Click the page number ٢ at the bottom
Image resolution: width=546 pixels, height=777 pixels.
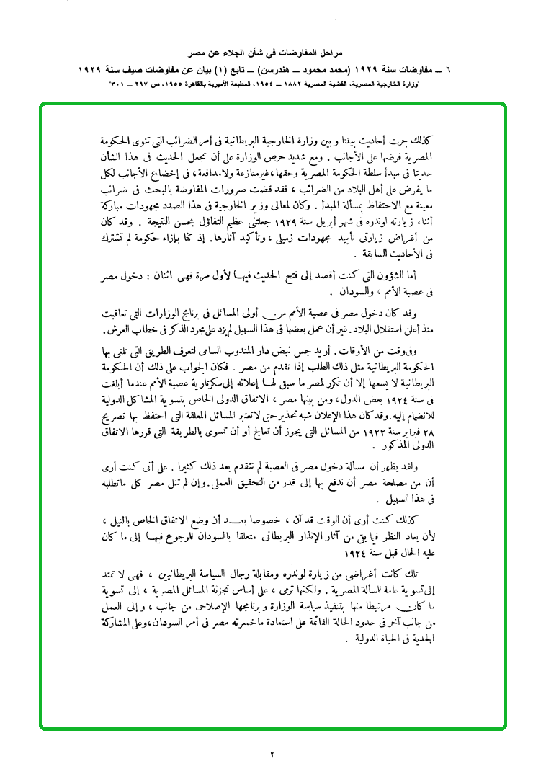click(x=273, y=754)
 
